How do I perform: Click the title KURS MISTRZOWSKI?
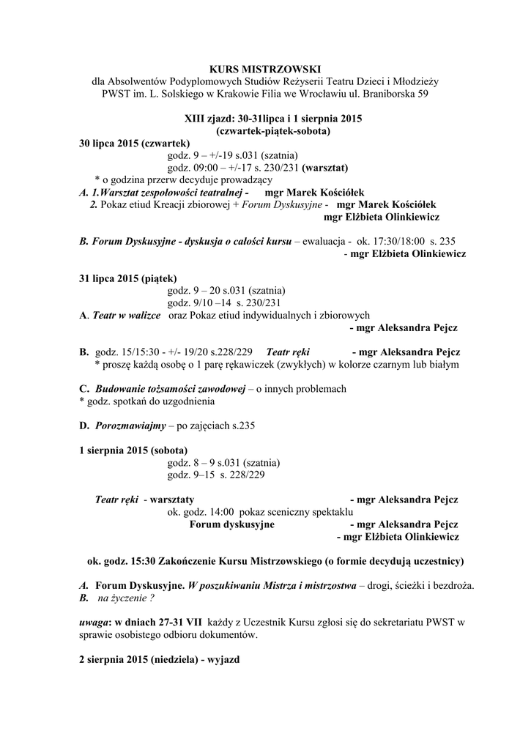[265, 69]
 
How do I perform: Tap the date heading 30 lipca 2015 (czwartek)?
[135, 142]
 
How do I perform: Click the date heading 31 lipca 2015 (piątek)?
[127, 278]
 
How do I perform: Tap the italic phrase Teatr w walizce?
[127, 316]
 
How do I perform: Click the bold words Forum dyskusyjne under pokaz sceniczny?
[232, 524]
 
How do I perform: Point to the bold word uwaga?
[94, 623]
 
